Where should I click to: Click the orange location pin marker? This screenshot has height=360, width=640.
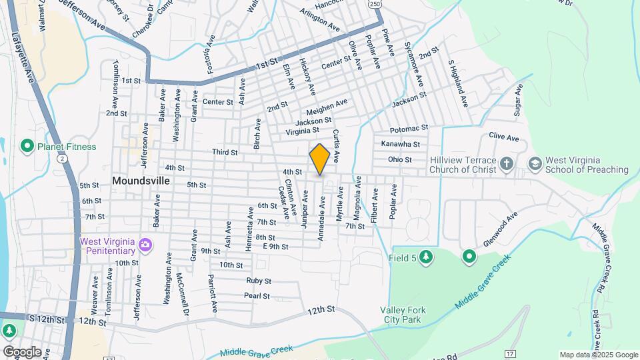tap(320, 159)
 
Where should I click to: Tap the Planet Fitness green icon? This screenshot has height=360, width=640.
tap(27, 146)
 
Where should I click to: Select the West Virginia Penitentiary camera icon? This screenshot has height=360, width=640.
tap(145, 247)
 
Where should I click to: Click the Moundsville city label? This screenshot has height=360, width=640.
tap(141, 181)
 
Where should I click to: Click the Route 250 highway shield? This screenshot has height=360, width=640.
tap(376, 4)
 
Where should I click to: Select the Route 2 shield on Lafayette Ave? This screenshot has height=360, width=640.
tap(62, 159)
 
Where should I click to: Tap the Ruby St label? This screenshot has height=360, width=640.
tap(259, 281)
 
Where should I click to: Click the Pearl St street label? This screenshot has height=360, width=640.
tap(257, 295)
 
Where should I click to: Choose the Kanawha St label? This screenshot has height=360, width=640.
tap(400, 144)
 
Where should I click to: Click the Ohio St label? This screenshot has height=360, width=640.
tap(400, 159)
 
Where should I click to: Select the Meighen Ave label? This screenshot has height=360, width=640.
tap(327, 106)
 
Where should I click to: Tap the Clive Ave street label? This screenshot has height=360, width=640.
tap(503, 137)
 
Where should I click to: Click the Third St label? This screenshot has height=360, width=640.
tap(225, 152)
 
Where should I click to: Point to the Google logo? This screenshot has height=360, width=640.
tap(21, 352)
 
